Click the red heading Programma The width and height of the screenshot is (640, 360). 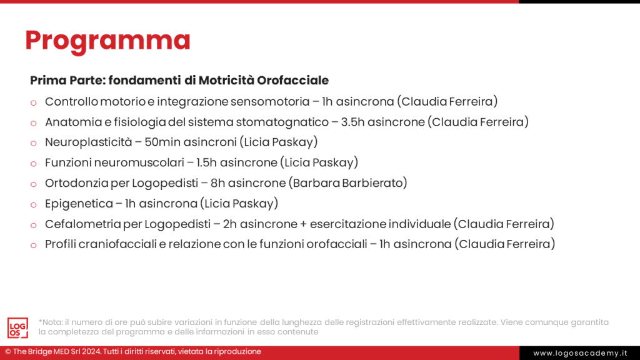107,41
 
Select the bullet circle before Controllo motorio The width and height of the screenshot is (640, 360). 34,102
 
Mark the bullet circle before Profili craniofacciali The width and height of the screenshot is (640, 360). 34,245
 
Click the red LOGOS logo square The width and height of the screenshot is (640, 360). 17,327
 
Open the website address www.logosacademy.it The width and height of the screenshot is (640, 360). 579,353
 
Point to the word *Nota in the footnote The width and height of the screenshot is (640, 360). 50,322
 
